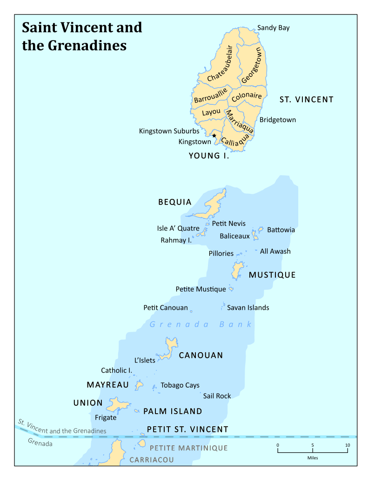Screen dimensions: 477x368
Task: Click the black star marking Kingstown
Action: click(x=214, y=136)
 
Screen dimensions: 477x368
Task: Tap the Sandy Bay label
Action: click(x=273, y=28)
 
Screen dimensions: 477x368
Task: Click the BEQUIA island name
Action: click(x=175, y=202)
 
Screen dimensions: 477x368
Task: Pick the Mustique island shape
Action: click(x=238, y=270)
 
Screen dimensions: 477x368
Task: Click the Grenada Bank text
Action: click(x=201, y=324)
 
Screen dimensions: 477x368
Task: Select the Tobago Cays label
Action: click(x=180, y=385)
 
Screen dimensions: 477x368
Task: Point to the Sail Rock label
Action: click(x=217, y=396)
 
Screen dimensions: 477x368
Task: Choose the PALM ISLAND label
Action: click(x=173, y=411)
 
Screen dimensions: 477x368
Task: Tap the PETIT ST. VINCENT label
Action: click(x=187, y=429)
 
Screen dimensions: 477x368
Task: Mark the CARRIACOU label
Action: click(x=152, y=460)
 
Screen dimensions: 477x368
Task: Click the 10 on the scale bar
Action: click(x=347, y=445)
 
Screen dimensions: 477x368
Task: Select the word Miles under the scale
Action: click(x=313, y=458)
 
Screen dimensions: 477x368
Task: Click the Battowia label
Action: click(x=281, y=230)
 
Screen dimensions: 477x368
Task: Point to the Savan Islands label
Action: click(x=248, y=307)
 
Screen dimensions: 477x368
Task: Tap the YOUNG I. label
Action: click(x=209, y=156)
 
